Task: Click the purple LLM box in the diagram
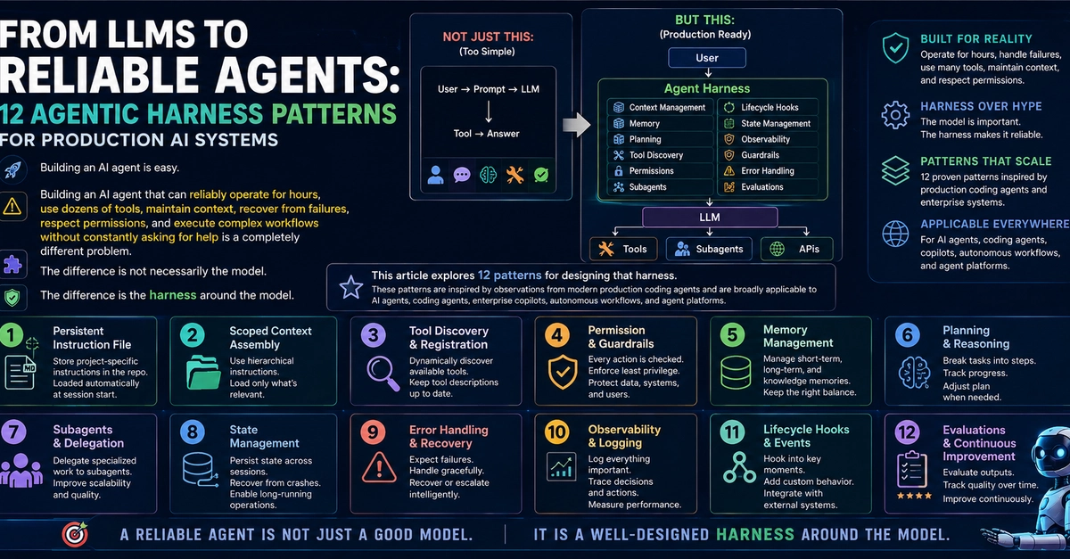coord(710,217)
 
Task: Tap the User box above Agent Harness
coord(707,58)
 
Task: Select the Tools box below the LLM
coord(623,249)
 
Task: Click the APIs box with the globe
coord(797,249)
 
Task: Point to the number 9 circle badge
coord(373,432)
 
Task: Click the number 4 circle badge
coord(556,335)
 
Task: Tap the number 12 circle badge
coord(907,432)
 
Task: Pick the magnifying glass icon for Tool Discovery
coord(383,374)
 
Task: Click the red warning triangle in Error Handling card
coord(379,467)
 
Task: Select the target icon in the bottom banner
coord(75,534)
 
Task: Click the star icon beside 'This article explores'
coord(350,287)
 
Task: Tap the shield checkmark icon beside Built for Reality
coord(895,48)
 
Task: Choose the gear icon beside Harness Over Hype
coord(895,115)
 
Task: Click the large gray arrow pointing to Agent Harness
coord(577,125)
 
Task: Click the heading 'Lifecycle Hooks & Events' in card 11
coord(806,436)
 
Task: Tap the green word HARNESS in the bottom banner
coord(755,534)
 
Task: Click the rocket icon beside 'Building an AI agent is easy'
coord(12,169)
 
